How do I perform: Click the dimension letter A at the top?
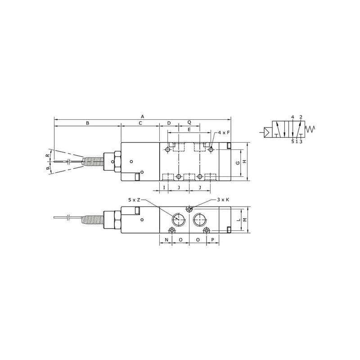142,117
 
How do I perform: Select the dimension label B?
87,123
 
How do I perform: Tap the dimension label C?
140,123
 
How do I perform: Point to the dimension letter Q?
189,122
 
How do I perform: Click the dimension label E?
189,130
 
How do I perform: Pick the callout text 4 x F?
224,132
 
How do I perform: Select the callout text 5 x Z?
134,200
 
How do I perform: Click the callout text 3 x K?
223,200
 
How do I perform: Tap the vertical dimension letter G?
238,163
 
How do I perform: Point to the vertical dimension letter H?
245,162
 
